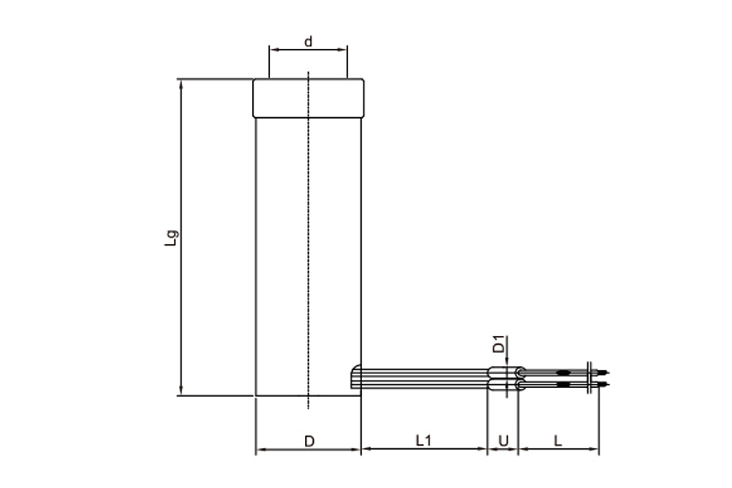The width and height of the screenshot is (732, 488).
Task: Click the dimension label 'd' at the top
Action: pyautogui.click(x=308, y=42)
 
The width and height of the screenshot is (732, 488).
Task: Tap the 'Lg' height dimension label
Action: pyautogui.click(x=172, y=237)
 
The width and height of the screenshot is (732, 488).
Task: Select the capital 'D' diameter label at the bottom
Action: pyautogui.click(x=310, y=442)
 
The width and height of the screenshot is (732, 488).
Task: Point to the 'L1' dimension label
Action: pyautogui.click(x=424, y=440)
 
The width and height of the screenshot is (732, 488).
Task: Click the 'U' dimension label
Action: pyautogui.click(x=503, y=441)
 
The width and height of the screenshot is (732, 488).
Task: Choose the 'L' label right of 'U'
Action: pyautogui.click(x=558, y=441)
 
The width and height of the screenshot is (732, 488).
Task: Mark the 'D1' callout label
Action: pyautogui.click(x=499, y=344)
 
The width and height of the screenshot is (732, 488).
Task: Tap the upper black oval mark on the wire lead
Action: pyautogui.click(x=564, y=373)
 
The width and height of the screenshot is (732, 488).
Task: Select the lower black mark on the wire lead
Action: pyautogui.click(x=564, y=385)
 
